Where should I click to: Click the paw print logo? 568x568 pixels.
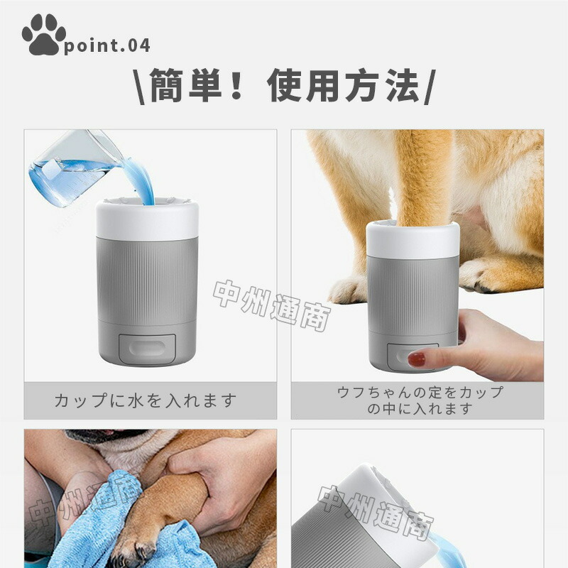pyautogui.click(x=43, y=34)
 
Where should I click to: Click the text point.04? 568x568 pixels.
pyautogui.click(x=107, y=45)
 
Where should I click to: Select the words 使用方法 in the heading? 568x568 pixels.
pyautogui.click(x=343, y=85)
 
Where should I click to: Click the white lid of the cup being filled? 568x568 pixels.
pyautogui.click(x=147, y=219)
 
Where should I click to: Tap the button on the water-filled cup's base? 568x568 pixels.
pyautogui.click(x=147, y=349)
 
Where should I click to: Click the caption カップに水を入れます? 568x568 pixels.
pyautogui.click(x=146, y=400)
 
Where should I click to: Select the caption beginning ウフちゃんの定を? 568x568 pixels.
pyautogui.click(x=420, y=400)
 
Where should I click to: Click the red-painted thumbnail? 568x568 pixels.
pyautogui.click(x=417, y=359)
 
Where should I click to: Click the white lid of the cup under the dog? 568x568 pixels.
pyautogui.click(x=413, y=239)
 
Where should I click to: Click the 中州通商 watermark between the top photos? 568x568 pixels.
pyautogui.click(x=272, y=305)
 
